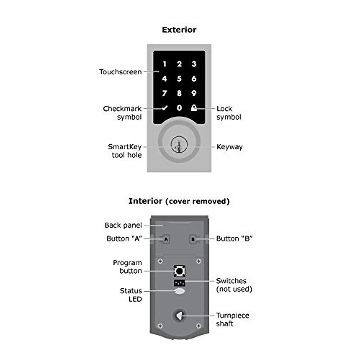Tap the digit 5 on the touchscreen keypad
pyautogui.click(x=179, y=79)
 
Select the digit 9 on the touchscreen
pyautogui.click(x=194, y=93)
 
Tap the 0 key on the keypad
pyautogui.click(x=179, y=108)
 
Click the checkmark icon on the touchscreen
pyautogui.click(x=164, y=108)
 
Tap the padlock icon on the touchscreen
pyautogui.click(x=194, y=108)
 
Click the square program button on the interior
pyautogui.click(x=179, y=271)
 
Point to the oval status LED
pyautogui.click(x=179, y=291)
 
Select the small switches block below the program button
pyautogui.click(x=179, y=283)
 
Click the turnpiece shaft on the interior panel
pyautogui.click(x=179, y=316)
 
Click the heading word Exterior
pyautogui.click(x=179, y=30)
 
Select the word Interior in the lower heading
pyautogui.click(x=145, y=201)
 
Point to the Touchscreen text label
pyautogui.click(x=120, y=72)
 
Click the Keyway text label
pyautogui.click(x=229, y=147)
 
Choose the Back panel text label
pyautogui.click(x=123, y=225)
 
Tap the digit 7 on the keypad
pyautogui.click(x=164, y=93)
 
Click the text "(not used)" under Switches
pyautogui.click(x=234, y=289)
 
